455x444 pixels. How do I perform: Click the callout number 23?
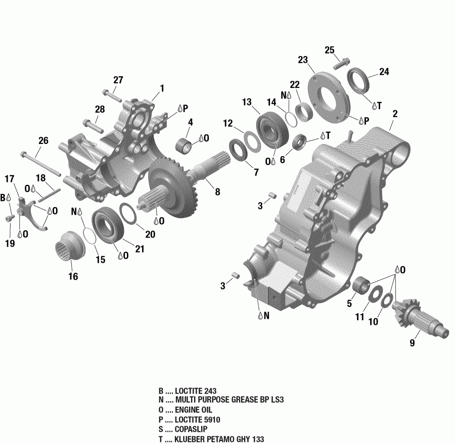pos(303,60)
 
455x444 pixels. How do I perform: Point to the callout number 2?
pos(395,114)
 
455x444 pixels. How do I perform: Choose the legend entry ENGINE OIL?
pos(194,410)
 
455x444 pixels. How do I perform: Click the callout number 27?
pos(118,80)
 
